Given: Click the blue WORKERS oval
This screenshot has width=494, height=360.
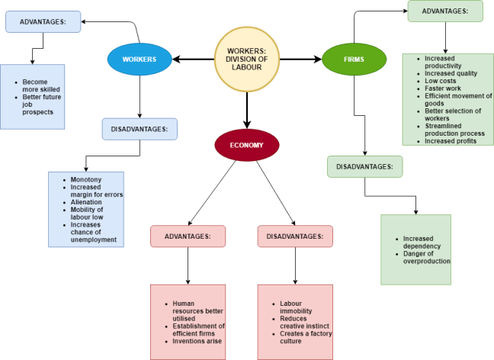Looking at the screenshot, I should (140, 59).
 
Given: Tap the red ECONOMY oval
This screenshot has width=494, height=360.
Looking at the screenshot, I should (247, 143).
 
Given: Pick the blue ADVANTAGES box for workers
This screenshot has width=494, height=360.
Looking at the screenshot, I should (43, 21).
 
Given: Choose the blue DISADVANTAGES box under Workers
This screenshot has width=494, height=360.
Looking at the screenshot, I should (140, 129).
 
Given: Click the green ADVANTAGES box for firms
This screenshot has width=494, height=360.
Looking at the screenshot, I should (445, 11).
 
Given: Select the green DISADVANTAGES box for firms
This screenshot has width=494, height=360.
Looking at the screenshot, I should (364, 166).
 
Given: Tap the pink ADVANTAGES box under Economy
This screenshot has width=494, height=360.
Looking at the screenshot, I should (188, 236).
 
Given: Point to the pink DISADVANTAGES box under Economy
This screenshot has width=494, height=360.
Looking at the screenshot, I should (295, 236).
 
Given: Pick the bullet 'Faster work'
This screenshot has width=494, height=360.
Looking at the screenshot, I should (443, 88).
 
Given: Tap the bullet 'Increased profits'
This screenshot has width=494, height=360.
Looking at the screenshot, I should (450, 141).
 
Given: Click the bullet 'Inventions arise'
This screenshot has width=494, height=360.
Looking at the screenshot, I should (197, 341).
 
